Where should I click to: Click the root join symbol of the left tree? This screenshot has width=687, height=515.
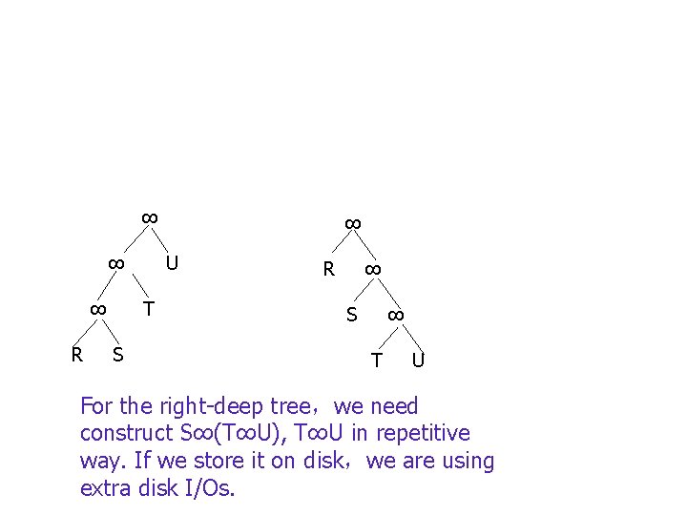149,218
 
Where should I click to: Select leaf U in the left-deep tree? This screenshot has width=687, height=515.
172,262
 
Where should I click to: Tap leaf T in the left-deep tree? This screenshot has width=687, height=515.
148,308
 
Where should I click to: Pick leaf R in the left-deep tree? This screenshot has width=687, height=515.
76,355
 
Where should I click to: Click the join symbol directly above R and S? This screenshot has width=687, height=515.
96,309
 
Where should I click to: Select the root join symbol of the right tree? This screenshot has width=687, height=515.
351,224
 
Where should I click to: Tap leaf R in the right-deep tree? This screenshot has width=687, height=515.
328,269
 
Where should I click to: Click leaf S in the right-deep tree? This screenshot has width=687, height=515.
351,315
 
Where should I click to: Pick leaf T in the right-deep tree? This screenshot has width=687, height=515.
377,360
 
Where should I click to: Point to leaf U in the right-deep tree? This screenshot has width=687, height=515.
418,360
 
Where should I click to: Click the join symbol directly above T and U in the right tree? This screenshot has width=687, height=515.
396,315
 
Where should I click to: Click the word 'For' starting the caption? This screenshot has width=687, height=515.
96,406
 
